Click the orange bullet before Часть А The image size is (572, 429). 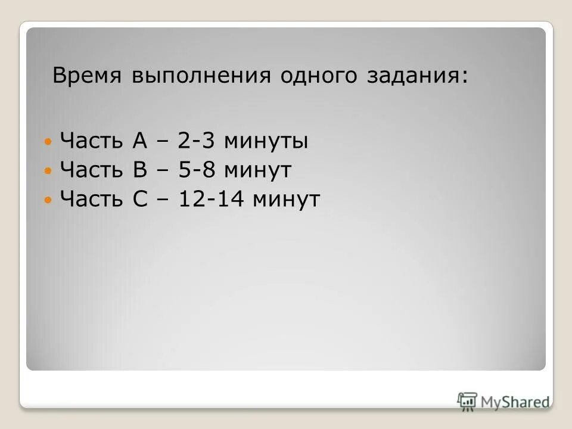pyautogui.click(x=49, y=142)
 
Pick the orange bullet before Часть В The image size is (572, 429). pyautogui.click(x=49, y=171)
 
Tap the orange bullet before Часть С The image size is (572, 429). pyautogui.click(x=49, y=200)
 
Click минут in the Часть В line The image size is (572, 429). pyautogui.click(x=258, y=170)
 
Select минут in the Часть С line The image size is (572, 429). pyautogui.click(x=287, y=199)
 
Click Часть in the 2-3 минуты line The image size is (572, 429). pyautogui.click(x=92, y=142)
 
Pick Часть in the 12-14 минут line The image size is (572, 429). pyautogui.click(x=92, y=199)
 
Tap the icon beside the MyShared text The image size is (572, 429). pyautogui.click(x=467, y=401)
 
